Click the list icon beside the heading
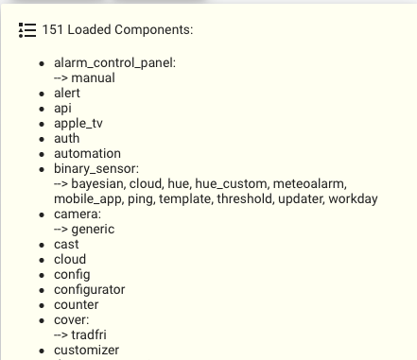[26, 30]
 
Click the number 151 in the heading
[53, 30]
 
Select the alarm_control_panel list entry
[114, 63]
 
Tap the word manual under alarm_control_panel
[95, 78]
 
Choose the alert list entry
[67, 94]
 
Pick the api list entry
[63, 109]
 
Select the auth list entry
[67, 139]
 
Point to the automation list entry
[87, 154]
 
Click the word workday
[351, 199]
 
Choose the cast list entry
[66, 245]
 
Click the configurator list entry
[90, 290]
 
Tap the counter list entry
[76, 305]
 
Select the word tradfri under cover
[92, 335]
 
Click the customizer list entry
[87, 351]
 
